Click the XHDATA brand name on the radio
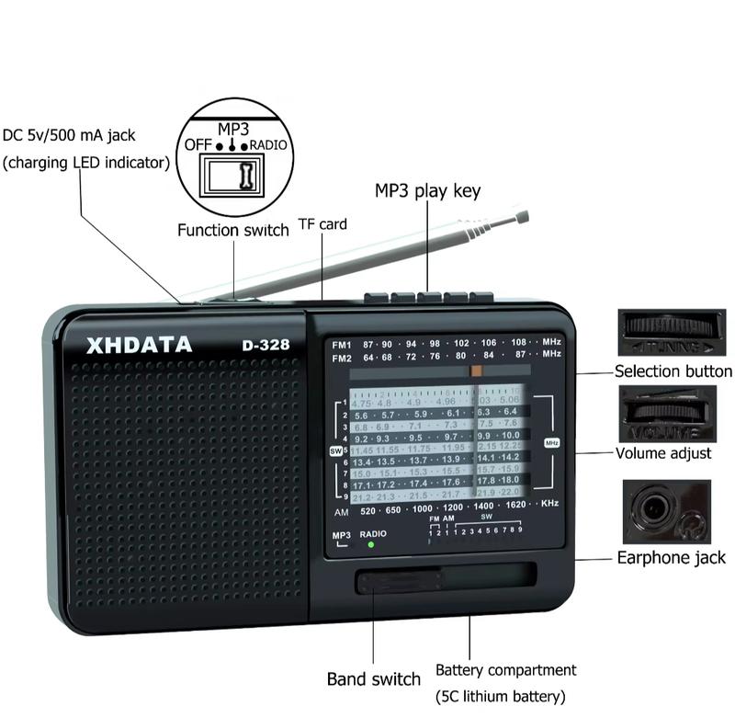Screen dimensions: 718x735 click(139, 346)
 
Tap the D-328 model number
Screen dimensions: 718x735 click(266, 347)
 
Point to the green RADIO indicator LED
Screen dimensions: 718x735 click(370, 544)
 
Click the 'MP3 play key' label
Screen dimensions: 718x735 click(427, 191)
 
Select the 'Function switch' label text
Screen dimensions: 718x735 click(233, 230)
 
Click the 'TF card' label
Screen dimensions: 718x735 click(322, 223)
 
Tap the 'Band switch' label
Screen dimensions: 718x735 click(374, 679)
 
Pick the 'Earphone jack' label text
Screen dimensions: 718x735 click(671, 557)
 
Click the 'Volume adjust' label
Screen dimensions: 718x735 click(663, 453)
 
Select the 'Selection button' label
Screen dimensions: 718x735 click(673, 371)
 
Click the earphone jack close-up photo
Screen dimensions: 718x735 click(666, 511)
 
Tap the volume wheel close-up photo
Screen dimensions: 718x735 click(667, 411)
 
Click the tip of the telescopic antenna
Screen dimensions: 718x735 click(524, 217)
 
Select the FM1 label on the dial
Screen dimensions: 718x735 click(342, 342)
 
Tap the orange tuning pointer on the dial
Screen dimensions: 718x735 click(476, 370)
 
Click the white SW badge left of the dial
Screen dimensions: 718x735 click(335, 450)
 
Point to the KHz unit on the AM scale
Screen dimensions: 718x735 click(549, 504)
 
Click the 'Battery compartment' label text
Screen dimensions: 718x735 click(505, 670)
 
